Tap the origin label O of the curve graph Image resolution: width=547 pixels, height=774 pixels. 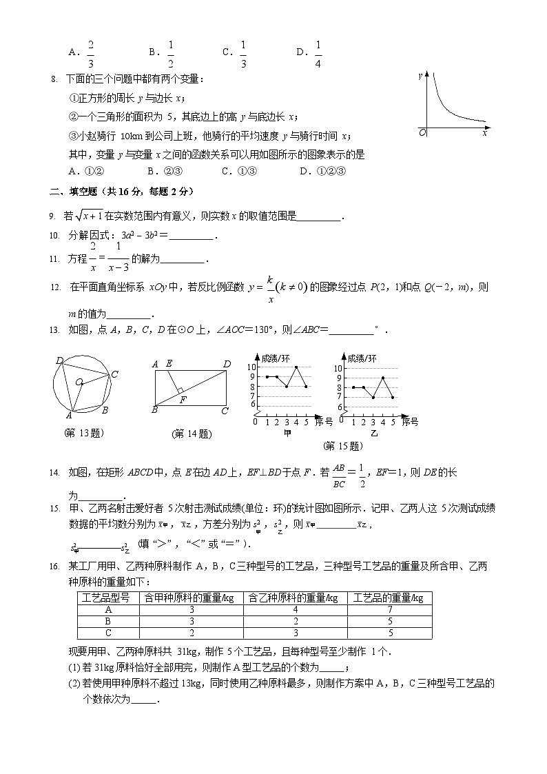[423, 132]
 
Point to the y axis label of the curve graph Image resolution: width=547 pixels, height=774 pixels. [420, 76]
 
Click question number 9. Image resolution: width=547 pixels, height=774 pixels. [52, 216]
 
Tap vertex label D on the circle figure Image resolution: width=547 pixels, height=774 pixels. [59, 360]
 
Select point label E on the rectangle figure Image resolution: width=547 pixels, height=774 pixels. [169, 364]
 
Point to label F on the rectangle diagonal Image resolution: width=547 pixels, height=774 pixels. [183, 399]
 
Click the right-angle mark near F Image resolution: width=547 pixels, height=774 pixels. [179, 390]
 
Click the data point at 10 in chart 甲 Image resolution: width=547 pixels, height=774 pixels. [296, 367]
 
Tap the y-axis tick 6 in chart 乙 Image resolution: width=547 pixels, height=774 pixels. [340, 406]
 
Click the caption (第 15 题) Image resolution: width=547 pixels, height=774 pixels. [342, 446]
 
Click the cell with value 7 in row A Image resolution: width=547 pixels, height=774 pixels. [389, 609]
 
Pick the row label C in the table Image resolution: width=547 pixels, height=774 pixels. [108, 633]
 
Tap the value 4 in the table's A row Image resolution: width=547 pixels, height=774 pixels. [296, 609]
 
